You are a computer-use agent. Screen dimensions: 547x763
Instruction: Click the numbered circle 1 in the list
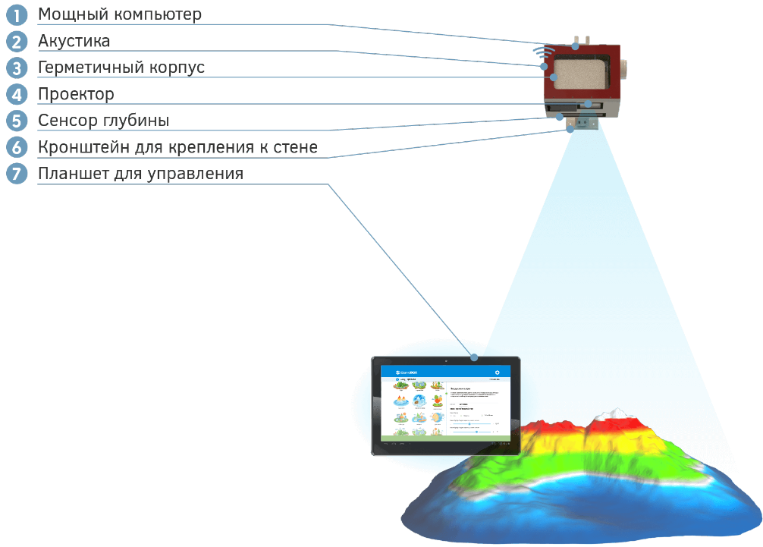point(16,14)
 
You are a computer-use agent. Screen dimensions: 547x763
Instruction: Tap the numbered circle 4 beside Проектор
point(16,94)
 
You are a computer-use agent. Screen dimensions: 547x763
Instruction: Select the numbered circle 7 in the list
point(16,174)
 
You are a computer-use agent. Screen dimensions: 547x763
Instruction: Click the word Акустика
point(74,41)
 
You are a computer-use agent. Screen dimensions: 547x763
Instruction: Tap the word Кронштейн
point(85,147)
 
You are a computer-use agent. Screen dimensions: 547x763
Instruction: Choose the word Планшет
point(71,174)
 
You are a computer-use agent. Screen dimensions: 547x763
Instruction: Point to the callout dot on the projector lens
point(589,104)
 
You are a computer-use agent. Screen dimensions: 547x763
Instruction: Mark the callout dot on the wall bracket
point(570,129)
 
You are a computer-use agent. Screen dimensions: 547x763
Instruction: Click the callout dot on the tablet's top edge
point(473,357)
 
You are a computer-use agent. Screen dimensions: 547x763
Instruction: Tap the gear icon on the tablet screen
point(497,373)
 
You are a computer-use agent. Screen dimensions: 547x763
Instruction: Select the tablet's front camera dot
point(446,360)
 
